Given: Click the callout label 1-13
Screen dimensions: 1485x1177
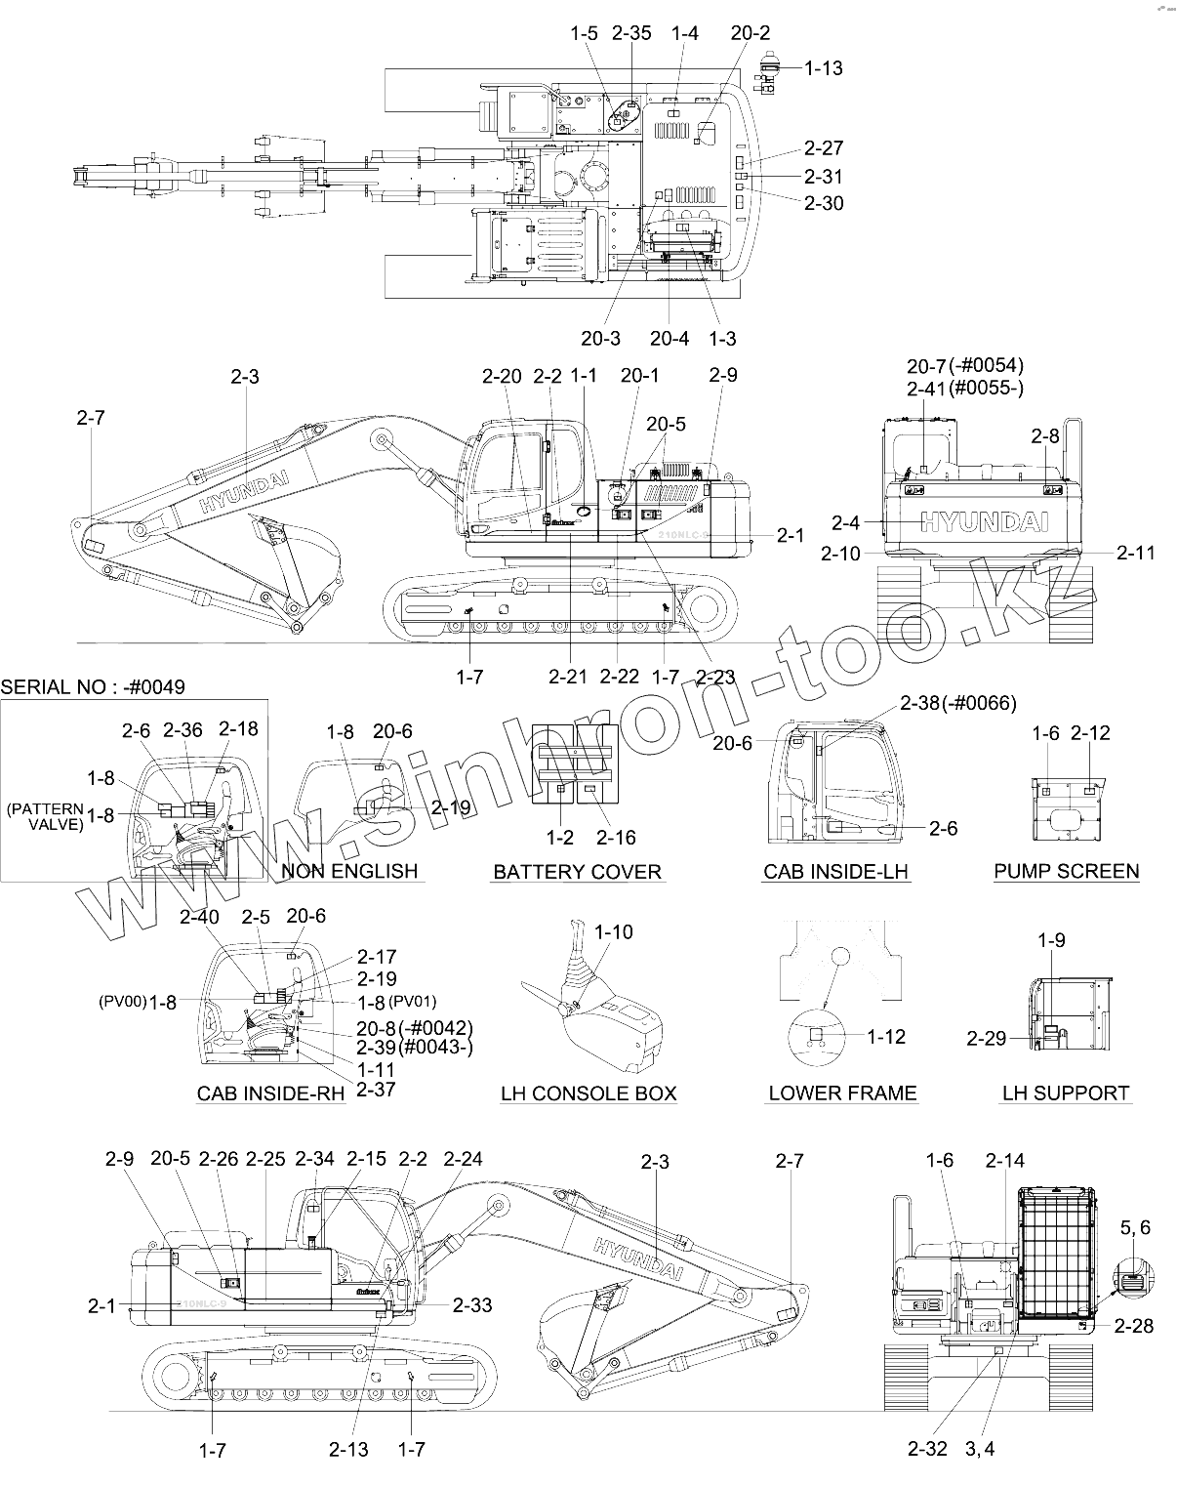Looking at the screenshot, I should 824,68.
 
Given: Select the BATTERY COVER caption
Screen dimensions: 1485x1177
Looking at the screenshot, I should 577,872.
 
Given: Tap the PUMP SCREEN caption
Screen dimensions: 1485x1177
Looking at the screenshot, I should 1066,872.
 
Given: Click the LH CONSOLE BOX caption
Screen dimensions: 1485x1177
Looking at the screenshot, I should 588,1093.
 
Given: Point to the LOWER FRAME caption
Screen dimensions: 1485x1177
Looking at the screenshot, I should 842,1093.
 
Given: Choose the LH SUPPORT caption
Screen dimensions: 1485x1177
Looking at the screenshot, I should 1066,1093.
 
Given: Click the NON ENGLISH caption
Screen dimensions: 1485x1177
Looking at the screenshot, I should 349,871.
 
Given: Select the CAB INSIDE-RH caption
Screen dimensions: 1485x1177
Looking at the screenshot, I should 271,1093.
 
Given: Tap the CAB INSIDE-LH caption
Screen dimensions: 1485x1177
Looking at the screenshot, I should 836,872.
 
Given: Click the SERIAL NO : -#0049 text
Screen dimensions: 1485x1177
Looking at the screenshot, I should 93,687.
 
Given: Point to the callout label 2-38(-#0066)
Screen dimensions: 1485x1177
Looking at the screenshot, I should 957,703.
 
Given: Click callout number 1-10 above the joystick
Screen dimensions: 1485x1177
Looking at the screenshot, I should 613,932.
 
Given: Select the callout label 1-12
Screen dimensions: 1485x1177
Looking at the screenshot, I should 886,1037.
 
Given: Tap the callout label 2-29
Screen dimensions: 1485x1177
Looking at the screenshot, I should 986,1039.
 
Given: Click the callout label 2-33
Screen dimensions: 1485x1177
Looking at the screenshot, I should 472,1305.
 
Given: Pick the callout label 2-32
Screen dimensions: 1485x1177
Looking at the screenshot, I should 927,1450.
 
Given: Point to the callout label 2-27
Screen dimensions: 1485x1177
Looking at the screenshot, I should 824,148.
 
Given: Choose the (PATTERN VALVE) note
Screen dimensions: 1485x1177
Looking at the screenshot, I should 45,817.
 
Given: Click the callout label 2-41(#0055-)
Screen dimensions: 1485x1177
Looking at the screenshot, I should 964,389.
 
